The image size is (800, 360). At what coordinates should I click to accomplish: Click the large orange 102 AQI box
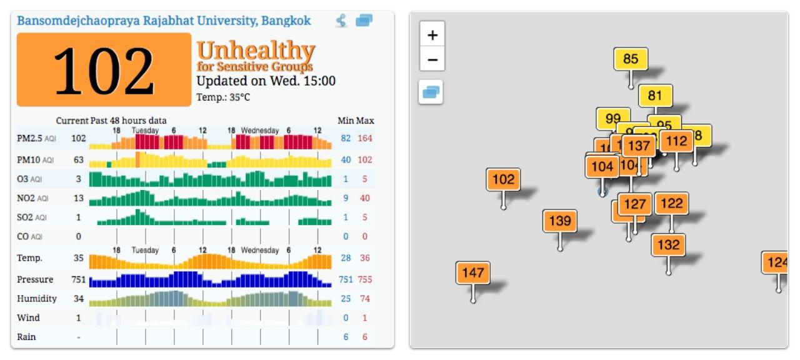point(104,70)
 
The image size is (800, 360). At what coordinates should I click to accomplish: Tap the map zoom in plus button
point(432,35)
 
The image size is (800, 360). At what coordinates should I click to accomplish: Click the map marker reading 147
point(472,273)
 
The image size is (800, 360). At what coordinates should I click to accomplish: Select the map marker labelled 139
point(559,221)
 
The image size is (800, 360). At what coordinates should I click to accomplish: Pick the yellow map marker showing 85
point(631,59)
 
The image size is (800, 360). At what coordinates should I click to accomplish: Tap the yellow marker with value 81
point(655,96)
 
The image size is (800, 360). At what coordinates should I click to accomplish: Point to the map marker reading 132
point(668,245)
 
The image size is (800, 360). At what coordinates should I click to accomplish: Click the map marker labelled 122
point(672,204)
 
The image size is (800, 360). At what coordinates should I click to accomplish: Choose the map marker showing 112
point(676,142)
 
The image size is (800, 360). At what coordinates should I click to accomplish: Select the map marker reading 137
point(639,146)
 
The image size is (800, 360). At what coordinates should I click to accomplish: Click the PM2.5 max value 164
point(364,138)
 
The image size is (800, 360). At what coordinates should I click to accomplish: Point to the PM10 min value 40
point(346,160)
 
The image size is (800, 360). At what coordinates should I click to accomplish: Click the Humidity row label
point(37,299)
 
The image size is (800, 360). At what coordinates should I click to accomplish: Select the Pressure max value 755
point(364,279)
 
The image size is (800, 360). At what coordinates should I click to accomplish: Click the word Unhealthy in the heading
point(256,50)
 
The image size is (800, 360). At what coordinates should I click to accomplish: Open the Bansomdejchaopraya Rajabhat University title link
point(164,21)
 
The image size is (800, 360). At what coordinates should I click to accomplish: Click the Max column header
point(366,121)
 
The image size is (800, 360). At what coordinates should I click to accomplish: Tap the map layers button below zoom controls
point(431,92)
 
